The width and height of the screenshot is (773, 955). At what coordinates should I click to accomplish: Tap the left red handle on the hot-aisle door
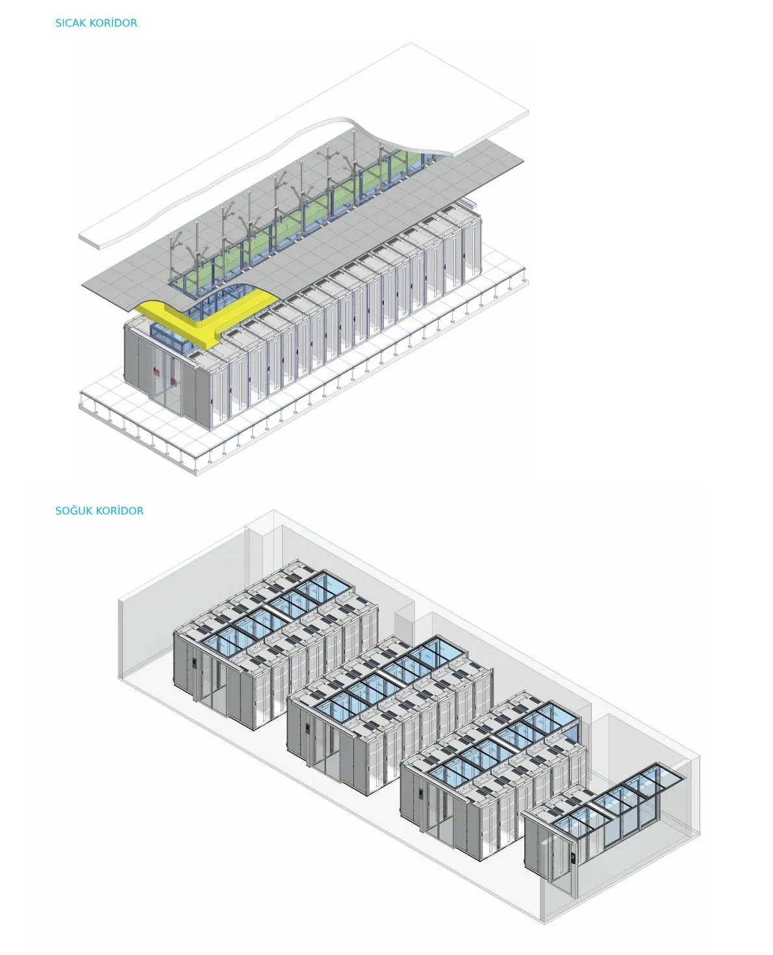157,372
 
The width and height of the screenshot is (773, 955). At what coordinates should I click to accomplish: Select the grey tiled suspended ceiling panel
390,214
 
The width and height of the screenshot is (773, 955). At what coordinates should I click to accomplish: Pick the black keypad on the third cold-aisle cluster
421,793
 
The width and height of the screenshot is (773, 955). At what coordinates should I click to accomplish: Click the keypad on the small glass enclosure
572,858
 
